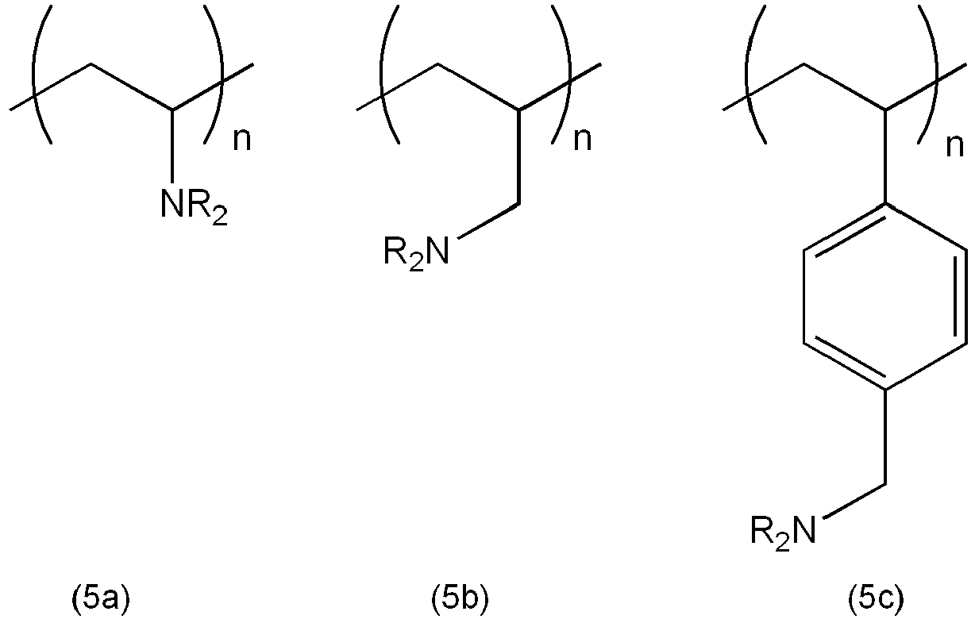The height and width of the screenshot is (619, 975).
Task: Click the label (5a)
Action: pyautogui.click(x=101, y=600)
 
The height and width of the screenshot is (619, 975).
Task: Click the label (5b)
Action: pyautogui.click(x=460, y=600)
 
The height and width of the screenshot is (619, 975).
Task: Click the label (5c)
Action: pyautogui.click(x=877, y=600)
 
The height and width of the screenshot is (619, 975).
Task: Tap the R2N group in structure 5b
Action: pyautogui.click(x=416, y=253)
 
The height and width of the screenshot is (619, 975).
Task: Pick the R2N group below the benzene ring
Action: pyautogui.click(x=783, y=532)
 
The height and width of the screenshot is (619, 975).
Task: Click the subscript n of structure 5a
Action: pyautogui.click(x=242, y=140)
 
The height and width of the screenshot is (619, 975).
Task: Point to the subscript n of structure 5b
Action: pyautogui.click(x=583, y=140)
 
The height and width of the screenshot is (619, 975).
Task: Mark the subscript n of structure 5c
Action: pyautogui.click(x=955, y=147)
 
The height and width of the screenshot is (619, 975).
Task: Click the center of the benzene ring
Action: pyautogui.click(x=885, y=297)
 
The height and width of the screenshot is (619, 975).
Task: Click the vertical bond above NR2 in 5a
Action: pyautogui.click(x=173, y=146)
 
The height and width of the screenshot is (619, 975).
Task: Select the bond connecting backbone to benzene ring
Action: pyautogui.click(x=885, y=156)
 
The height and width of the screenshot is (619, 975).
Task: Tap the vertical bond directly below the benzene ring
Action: pyautogui.click(x=885, y=436)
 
